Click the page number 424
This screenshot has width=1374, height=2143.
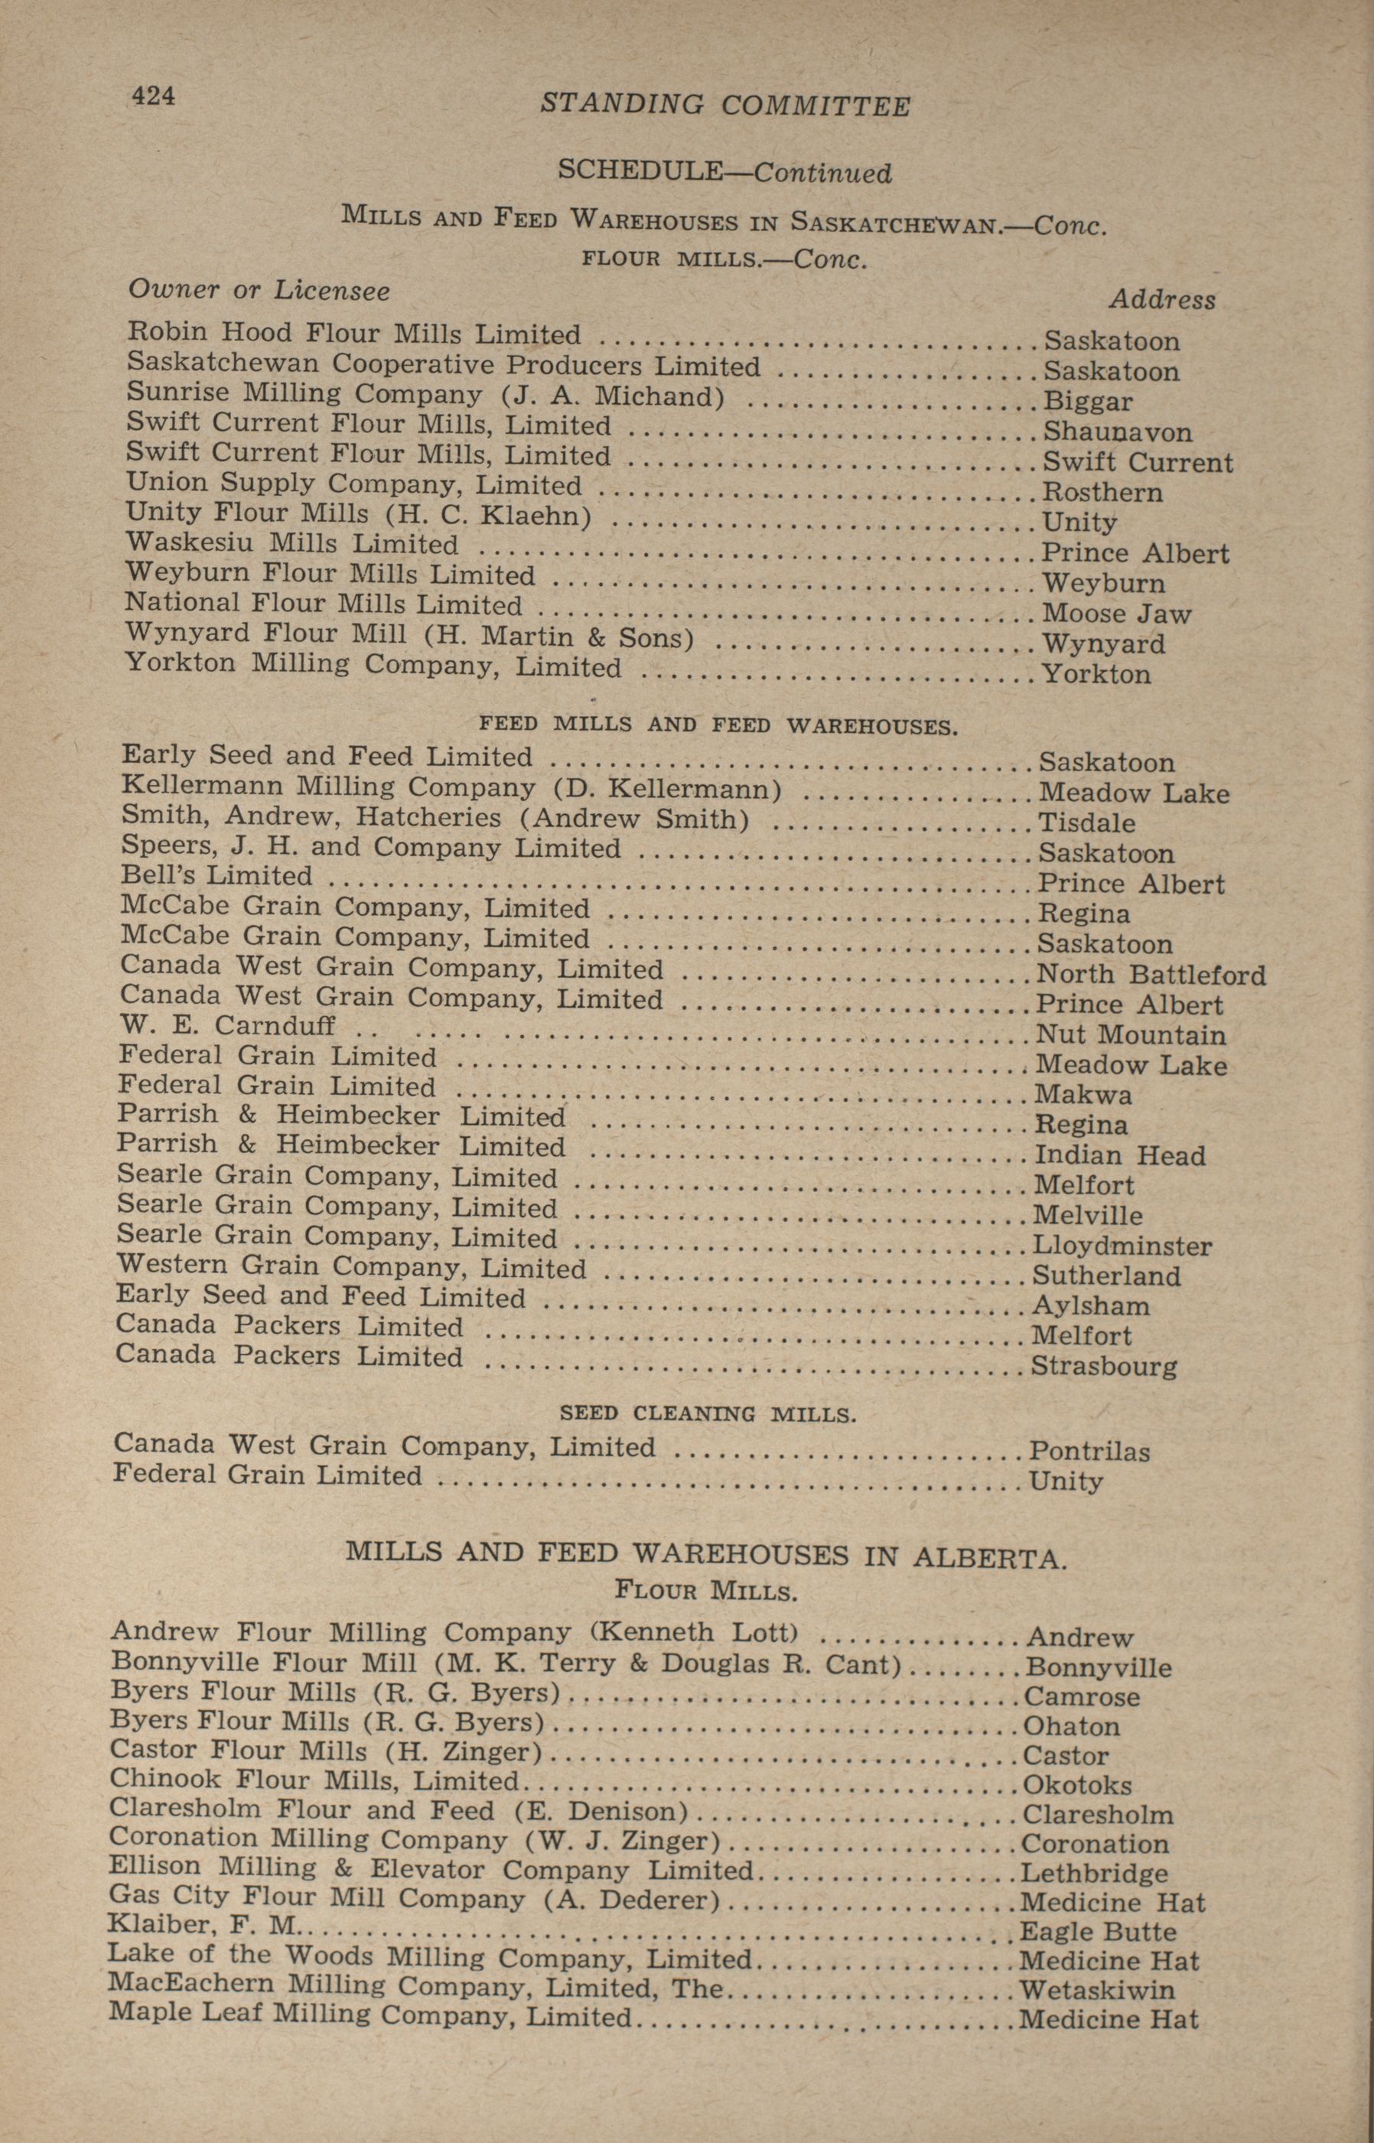click(154, 96)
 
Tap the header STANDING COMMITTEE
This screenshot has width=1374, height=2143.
click(725, 106)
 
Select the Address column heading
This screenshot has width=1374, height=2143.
click(1161, 300)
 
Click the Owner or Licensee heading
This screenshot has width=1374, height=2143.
click(259, 290)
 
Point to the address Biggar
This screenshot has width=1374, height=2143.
click(1088, 402)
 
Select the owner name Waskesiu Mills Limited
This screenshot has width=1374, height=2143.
click(291, 543)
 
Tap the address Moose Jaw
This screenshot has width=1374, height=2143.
click(1116, 614)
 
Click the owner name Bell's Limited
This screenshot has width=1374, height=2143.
click(217, 876)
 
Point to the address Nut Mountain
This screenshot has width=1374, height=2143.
click(1131, 1035)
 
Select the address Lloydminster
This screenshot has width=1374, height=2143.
click(1122, 1246)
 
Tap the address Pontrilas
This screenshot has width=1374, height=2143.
click(1089, 1451)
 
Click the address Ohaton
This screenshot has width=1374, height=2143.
click(1070, 1726)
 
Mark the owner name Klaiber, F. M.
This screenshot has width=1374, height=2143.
click(204, 1926)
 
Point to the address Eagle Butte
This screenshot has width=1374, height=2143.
click(1097, 1933)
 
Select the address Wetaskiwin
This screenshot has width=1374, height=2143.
click(1096, 1989)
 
